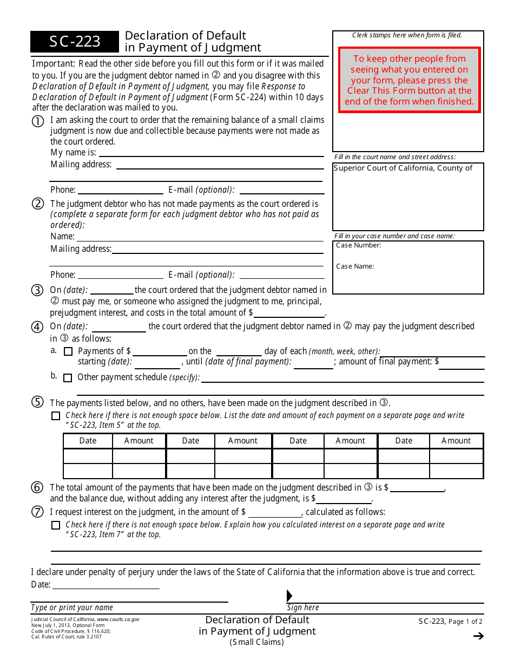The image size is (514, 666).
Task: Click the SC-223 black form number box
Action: point(75,42)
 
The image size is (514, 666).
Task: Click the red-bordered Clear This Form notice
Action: point(409,80)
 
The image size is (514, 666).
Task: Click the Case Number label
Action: point(358,245)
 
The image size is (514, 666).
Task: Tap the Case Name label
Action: point(355,266)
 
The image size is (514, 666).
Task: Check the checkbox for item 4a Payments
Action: point(68,351)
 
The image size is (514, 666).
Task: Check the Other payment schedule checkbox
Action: point(68,378)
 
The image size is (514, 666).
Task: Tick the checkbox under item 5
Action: point(56,416)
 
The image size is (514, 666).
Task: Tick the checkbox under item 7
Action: point(56,525)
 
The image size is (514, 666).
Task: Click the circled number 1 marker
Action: point(37,122)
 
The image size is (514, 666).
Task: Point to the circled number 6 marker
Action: point(37,488)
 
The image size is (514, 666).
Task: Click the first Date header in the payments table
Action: point(88,441)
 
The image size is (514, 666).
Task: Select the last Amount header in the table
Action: point(456,441)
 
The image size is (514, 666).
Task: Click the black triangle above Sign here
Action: point(289,596)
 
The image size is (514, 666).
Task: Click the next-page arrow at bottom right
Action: point(478,636)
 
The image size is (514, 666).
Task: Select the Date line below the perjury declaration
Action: point(106,585)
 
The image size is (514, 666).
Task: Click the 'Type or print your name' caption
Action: point(72,608)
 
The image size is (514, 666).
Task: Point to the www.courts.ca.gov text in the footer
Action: point(118,619)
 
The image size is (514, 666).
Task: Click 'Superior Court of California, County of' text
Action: point(403,168)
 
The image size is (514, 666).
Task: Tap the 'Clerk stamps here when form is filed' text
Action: point(407,35)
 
